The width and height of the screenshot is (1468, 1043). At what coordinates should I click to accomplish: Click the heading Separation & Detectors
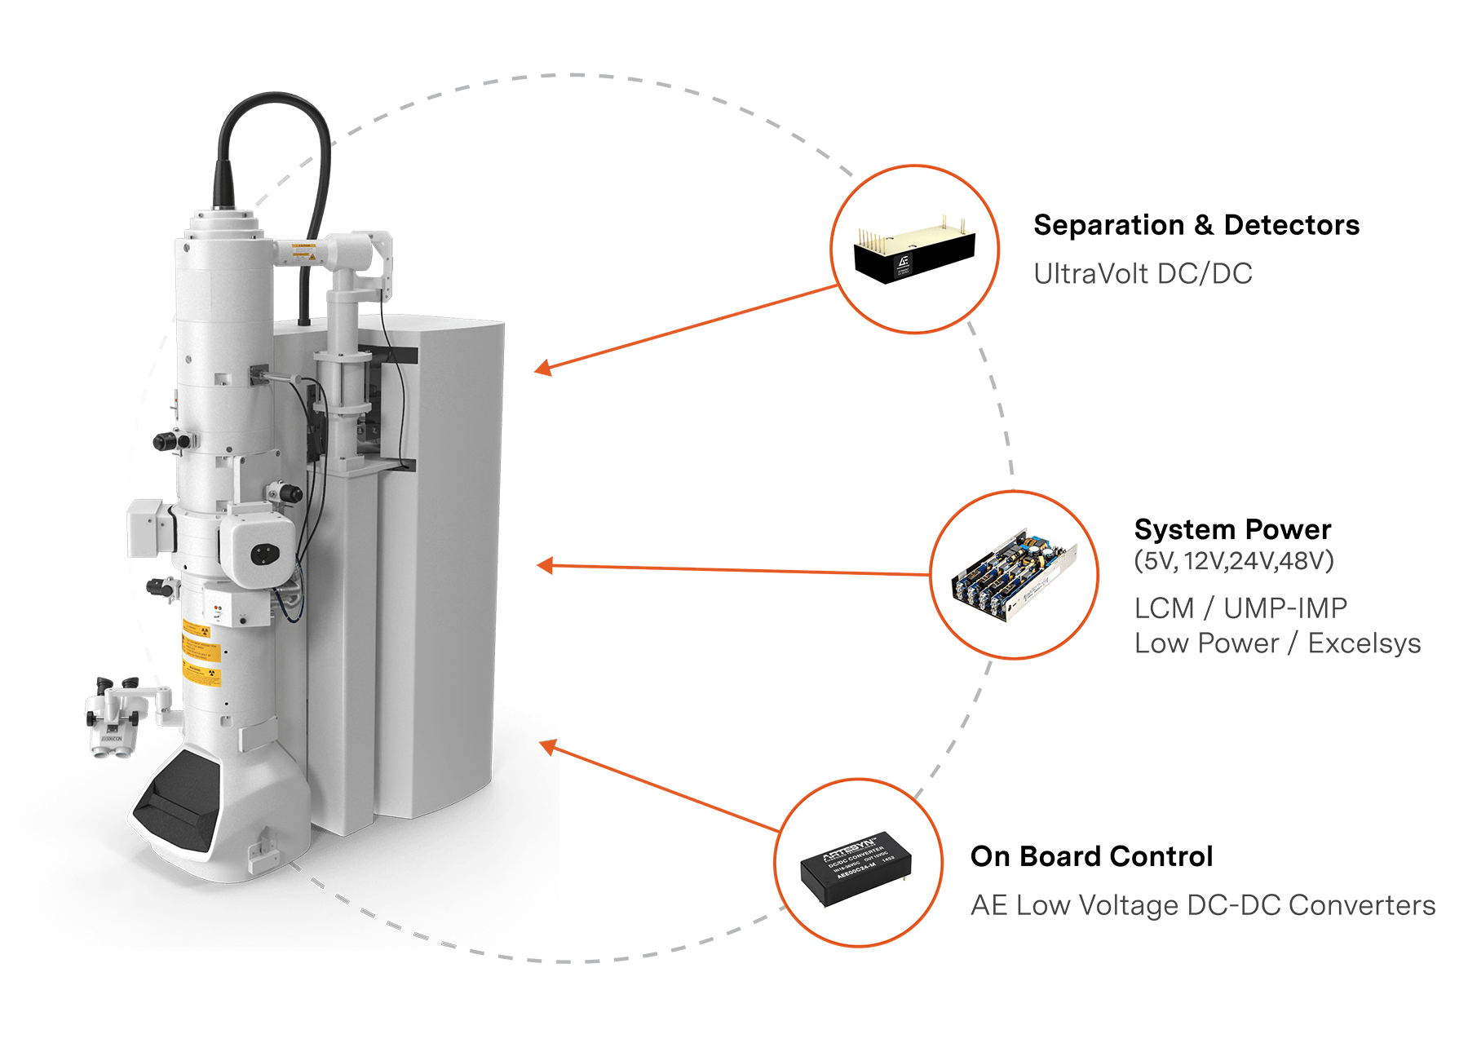coord(1196,225)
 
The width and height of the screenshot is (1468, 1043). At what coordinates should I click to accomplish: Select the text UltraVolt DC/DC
coord(1142,274)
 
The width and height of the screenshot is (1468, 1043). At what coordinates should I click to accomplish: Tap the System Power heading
coord(1231,530)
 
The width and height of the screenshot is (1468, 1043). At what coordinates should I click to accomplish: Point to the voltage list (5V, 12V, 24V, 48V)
coord(1232,561)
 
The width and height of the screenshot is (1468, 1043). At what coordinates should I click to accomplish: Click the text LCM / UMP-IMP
coord(1240,608)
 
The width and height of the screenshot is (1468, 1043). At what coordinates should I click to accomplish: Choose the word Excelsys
coord(1364,643)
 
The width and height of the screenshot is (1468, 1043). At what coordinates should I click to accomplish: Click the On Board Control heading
coord(1090,856)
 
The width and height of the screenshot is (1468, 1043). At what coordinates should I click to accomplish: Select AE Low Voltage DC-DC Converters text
coord(1202,905)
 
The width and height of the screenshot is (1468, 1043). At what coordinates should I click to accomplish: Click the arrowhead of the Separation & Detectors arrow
coord(542,369)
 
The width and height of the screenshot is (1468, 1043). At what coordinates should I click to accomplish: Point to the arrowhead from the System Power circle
coord(543,565)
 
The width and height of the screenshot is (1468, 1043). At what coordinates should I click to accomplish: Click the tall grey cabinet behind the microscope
coord(440,571)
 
